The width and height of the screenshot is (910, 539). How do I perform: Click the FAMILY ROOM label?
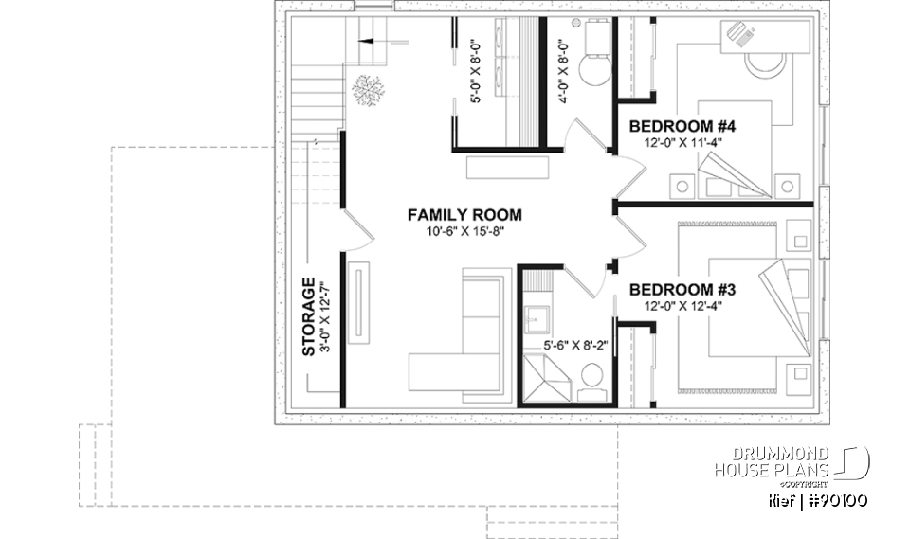464,215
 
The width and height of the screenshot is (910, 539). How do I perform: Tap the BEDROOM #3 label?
682,289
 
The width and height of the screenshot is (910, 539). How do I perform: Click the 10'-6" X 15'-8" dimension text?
464,232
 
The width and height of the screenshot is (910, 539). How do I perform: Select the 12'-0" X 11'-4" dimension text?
682,143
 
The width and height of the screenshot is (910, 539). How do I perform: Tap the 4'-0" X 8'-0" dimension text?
563,71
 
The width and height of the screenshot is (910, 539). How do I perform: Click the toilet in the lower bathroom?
591,377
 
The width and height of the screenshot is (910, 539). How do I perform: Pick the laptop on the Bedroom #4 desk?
741,36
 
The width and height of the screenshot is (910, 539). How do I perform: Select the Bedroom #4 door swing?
628,169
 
